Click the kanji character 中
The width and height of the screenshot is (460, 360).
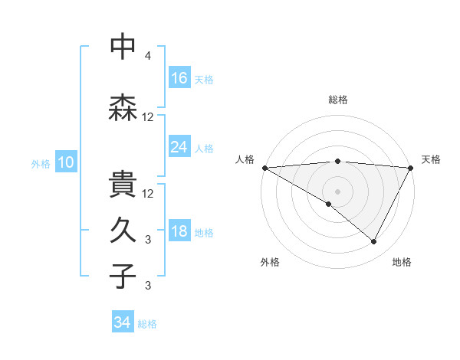coord(123,47)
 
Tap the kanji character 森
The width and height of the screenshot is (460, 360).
coord(123,108)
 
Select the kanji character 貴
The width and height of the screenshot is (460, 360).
coord(123,185)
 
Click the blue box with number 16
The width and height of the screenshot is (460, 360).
coord(179,77)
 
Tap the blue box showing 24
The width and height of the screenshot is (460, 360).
coord(179,146)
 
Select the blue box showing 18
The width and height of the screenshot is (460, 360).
coord(179,231)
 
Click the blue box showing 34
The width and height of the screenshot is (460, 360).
coord(123,322)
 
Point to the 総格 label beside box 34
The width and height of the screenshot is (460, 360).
coord(147,324)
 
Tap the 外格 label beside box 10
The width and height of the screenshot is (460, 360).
coord(41,163)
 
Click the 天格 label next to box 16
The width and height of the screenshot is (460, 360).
coord(203,79)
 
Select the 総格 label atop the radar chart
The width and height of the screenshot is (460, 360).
coord(337,100)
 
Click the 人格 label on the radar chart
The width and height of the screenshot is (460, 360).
coord(246,159)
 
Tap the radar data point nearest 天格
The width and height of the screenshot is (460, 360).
coord(411,168)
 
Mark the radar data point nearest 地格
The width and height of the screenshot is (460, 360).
coord(374,242)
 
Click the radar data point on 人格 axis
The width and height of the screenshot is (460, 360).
coord(264,168)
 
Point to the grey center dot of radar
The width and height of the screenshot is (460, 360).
coord(337,191)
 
